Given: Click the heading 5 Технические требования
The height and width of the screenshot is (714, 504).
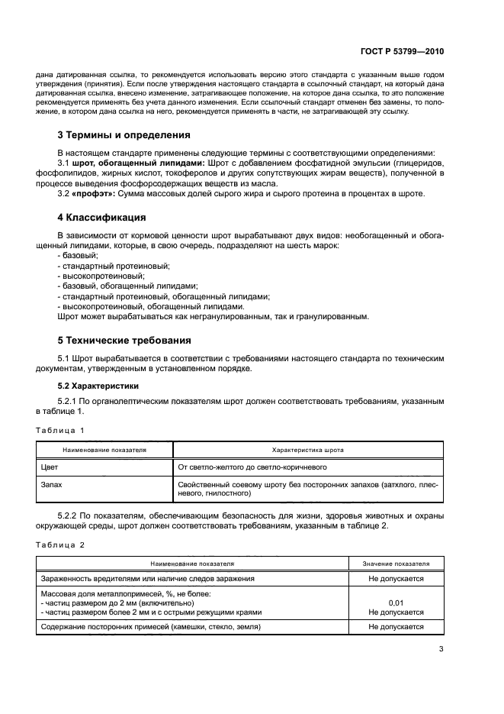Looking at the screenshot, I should [125, 340].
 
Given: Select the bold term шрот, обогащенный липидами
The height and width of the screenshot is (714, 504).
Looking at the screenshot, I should [139, 163].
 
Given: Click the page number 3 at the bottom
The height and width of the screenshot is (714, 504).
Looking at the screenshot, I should [441, 649].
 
